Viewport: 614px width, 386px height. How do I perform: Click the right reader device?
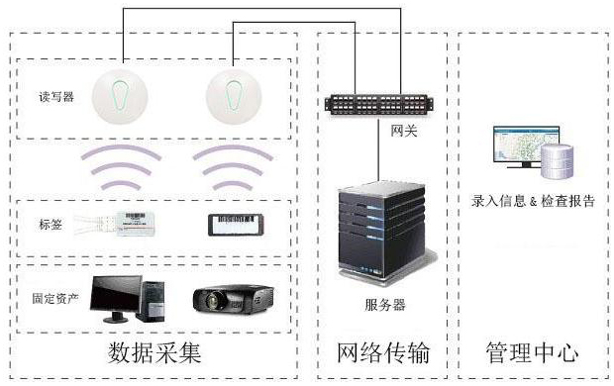234,96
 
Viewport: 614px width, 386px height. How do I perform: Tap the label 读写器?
50,96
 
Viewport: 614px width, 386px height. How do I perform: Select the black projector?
234,300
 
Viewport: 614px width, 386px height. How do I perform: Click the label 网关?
404,130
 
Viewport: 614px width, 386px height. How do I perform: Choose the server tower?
379,226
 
